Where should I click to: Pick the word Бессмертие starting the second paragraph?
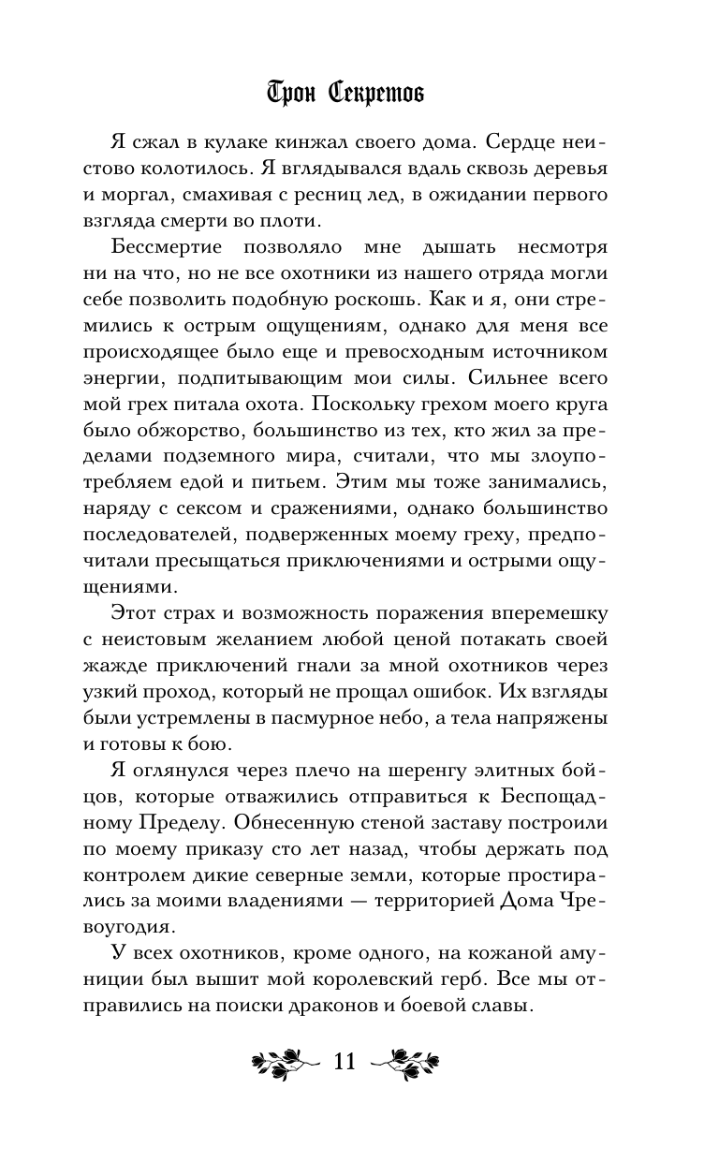point(166,248)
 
